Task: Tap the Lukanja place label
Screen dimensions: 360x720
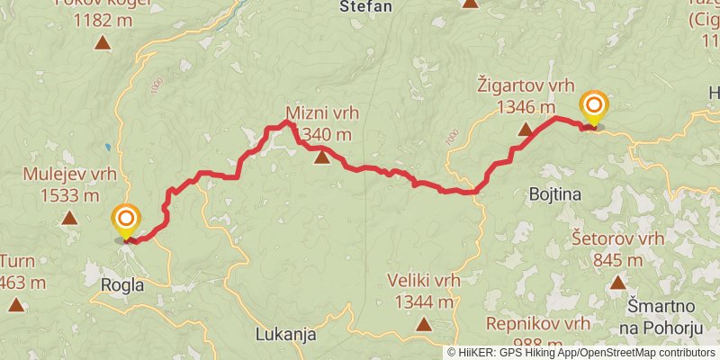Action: pos(286,334)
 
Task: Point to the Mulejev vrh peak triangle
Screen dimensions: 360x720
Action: pos(69,217)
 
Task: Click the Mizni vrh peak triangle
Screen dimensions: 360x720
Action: pos(322,158)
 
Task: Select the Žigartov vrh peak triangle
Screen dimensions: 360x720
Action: pos(525,130)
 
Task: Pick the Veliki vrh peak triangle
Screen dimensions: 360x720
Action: pos(423,323)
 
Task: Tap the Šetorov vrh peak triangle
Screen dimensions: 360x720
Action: pos(618,283)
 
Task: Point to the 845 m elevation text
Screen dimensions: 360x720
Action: pos(618,260)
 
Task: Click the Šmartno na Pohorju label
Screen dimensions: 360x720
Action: pos(664,322)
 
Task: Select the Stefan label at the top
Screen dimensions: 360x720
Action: pos(366,6)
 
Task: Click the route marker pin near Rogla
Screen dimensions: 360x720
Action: pos(126,220)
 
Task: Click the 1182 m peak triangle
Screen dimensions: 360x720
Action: pos(103,42)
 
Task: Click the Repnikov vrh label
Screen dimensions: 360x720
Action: pos(537,323)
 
